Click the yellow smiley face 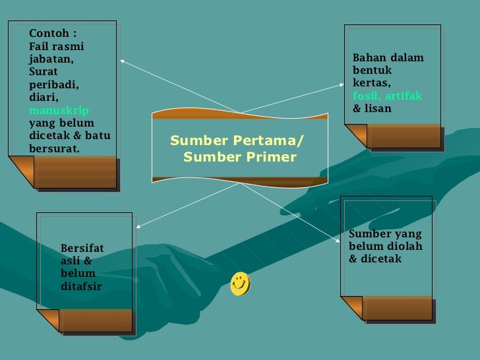point(240,284)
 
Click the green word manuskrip point(59,110)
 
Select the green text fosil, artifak point(387,96)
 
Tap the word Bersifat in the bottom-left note point(82,248)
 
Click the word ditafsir point(81,285)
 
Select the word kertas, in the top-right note point(372,83)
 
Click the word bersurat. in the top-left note point(54,148)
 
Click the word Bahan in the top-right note point(368,58)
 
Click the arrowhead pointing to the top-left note point(123,62)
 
